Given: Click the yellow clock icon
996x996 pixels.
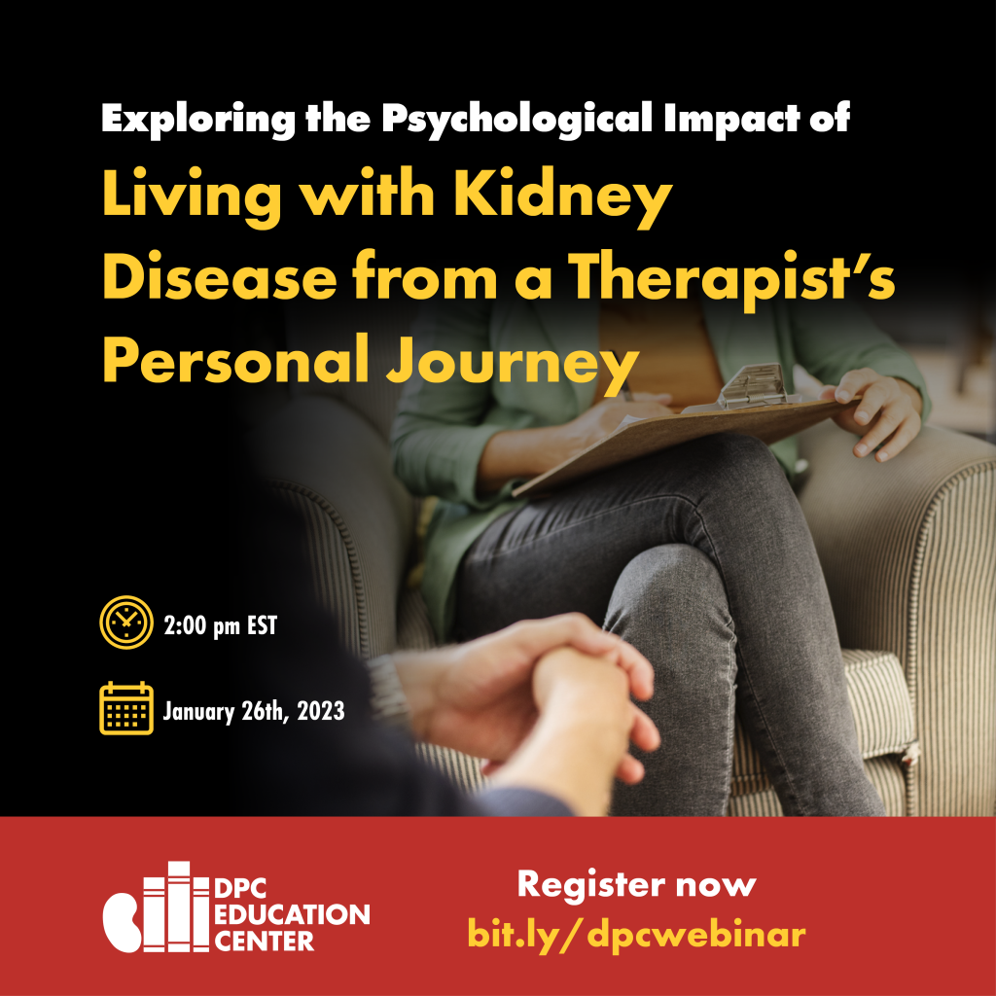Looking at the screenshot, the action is point(126,622).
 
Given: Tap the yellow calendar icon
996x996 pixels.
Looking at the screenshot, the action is point(126,708).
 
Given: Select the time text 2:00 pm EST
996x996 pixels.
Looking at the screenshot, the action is point(221,625).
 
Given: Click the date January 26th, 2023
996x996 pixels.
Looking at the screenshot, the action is point(254,711).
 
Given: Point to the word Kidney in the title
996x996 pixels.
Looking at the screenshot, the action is point(563,196).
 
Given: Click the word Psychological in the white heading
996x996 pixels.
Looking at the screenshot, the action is point(517,119).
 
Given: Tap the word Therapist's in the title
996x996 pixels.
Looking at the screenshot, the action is point(731,279).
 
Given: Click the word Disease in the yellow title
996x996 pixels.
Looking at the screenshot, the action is point(219,278).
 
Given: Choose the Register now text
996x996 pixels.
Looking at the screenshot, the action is point(636,885).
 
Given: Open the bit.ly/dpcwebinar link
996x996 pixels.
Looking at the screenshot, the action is point(636,934).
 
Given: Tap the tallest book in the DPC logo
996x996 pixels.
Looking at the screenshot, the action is point(179,907).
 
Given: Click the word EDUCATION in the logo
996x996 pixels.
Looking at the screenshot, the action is point(292,914).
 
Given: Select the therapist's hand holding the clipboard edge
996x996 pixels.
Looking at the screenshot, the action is point(876,412).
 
